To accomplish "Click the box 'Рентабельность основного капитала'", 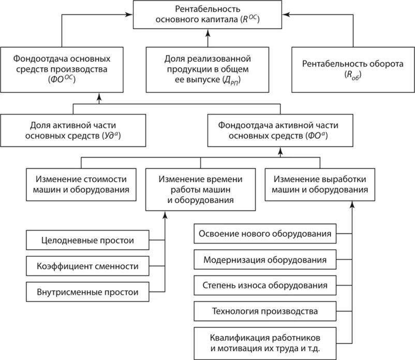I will coord(206,15).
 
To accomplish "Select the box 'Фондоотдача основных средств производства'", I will coord(62,67).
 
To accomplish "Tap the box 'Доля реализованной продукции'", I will coord(207,68).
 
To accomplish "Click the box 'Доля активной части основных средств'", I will coord(72,130).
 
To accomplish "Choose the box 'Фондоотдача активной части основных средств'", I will coord(279,130).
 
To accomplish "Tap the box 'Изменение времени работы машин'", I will coord(200,189).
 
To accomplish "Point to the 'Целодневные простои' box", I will coord(87,240).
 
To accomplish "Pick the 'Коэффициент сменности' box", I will coord(87,266).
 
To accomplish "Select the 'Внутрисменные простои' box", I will coord(87,292).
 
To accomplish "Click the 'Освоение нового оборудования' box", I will coord(264,234).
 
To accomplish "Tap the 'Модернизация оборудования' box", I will coord(264,260).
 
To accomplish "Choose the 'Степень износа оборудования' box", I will coord(264,285).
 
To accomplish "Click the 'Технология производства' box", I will coord(264,311).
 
